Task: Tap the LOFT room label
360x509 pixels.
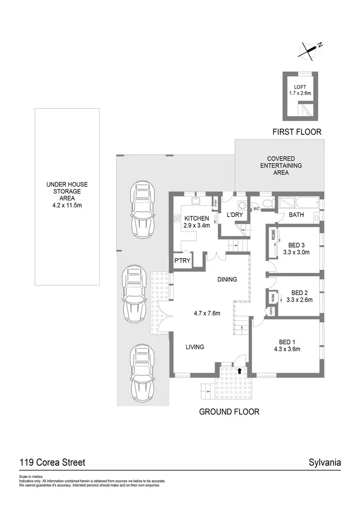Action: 300,87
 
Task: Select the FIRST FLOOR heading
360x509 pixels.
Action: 296,131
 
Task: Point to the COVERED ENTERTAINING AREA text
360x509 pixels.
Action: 281,166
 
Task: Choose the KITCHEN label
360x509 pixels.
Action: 197,218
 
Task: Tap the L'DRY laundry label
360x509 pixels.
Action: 235,215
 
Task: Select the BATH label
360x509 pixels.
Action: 296,215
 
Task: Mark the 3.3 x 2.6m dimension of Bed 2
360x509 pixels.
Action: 299,300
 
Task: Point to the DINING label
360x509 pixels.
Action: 227,279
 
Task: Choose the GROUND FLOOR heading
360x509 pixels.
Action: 229,412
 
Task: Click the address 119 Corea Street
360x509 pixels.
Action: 52,462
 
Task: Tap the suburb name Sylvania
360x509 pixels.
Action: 325,462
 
